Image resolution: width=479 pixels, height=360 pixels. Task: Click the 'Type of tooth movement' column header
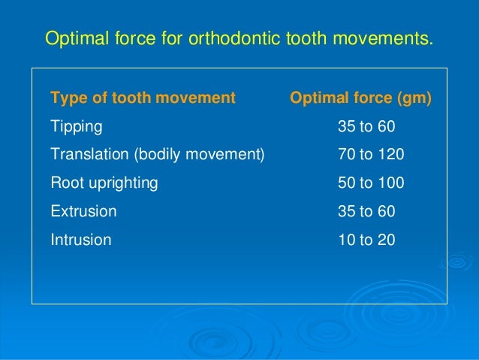(143, 98)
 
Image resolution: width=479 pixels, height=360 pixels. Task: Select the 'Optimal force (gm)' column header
(360, 98)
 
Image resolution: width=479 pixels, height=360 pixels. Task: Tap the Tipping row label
(76, 126)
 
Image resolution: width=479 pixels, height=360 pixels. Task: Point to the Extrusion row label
(83, 212)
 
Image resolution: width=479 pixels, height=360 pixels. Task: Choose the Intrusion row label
(80, 241)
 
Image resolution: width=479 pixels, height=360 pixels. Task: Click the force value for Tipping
(366, 126)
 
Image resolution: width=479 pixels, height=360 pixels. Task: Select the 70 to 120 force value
(371, 155)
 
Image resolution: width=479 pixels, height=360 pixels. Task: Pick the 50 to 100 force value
(371, 183)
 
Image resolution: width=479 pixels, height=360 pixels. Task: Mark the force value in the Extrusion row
(366, 212)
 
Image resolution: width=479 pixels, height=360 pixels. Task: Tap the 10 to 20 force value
(366, 241)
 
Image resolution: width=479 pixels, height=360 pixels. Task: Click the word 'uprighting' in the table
(121, 183)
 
